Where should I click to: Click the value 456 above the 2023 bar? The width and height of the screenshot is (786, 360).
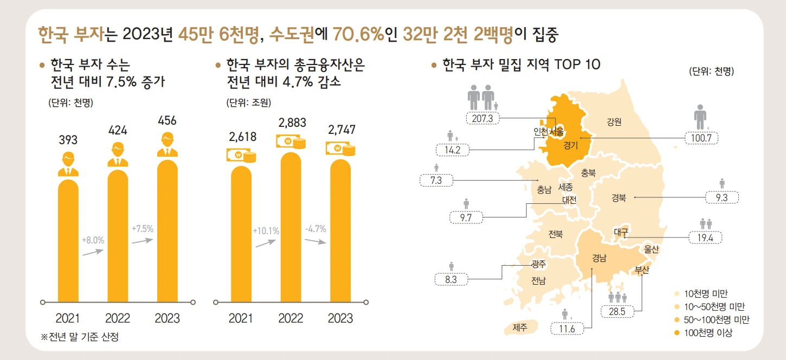[x=167, y=120]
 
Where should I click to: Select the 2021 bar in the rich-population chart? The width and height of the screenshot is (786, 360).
[x=68, y=239]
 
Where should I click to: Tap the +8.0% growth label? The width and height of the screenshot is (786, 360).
[x=93, y=239]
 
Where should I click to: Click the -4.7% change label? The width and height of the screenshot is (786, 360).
[x=315, y=229]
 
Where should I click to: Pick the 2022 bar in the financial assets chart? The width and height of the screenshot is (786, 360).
[x=291, y=228]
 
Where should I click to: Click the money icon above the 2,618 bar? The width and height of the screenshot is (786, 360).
[x=241, y=156]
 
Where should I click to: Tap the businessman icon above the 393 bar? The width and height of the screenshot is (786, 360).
[x=68, y=165]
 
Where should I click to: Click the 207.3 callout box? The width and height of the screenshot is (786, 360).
[x=482, y=118]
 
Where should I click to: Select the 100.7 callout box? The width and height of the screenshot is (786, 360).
[x=701, y=138]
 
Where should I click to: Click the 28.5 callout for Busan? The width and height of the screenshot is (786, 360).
[x=617, y=312]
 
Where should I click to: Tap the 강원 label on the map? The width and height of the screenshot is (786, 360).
[x=614, y=122]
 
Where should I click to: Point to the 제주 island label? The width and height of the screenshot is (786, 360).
[x=519, y=327]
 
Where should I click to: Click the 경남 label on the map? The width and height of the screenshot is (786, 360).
[x=599, y=258]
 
